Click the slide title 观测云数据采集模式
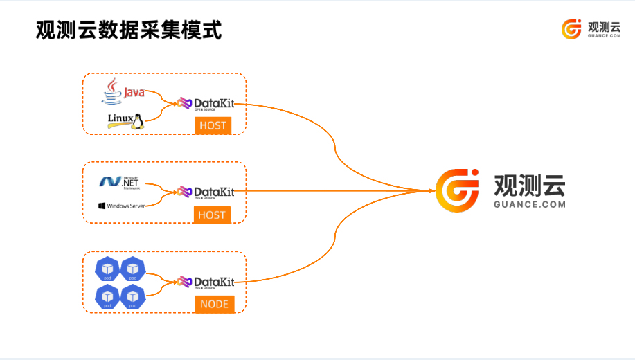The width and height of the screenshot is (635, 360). (129, 31)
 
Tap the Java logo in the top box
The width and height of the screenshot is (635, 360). (123, 91)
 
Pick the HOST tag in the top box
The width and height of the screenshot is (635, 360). (212, 126)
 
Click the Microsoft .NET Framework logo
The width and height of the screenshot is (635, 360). (120, 181)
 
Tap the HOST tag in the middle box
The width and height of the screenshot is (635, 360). (212, 215)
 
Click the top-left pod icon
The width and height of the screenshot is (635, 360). (107, 269)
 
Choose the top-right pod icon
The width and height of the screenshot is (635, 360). (132, 269)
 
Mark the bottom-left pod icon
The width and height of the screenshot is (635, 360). (107, 297)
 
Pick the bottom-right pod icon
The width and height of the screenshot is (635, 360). (132, 297)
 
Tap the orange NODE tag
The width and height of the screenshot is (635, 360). (214, 304)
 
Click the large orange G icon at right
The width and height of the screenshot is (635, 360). (457, 190)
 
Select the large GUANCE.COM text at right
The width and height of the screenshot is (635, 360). (530, 204)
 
